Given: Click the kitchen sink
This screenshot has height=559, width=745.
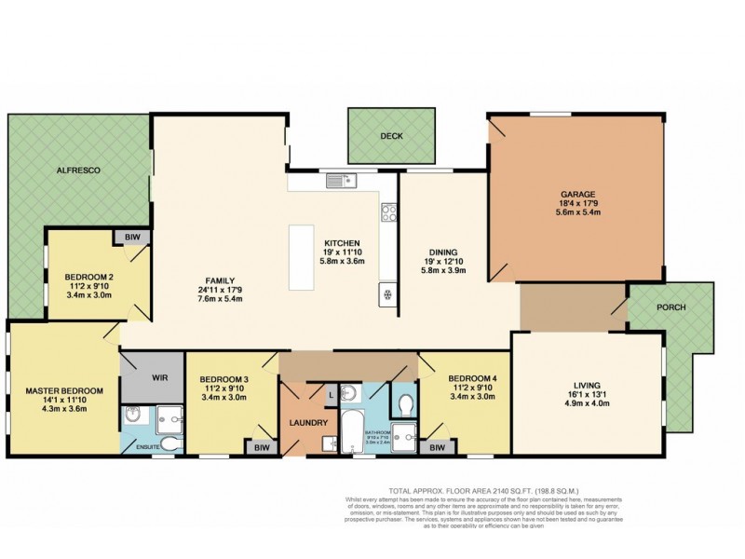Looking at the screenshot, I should (x=336, y=180).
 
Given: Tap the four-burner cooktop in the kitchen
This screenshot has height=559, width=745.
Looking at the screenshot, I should (x=388, y=213).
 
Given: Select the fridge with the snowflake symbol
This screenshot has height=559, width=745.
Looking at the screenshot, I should (x=386, y=295).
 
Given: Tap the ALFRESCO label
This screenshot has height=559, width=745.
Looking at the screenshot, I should (x=78, y=170).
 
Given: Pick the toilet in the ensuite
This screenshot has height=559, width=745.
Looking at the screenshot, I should (x=169, y=442).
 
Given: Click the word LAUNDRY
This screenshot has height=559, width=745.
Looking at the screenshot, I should (x=306, y=422).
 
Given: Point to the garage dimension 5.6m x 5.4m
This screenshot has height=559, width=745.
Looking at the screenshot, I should (x=574, y=212).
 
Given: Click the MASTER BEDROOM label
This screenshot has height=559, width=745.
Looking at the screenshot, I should (x=64, y=390).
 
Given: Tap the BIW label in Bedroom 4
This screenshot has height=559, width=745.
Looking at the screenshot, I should (x=437, y=448).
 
